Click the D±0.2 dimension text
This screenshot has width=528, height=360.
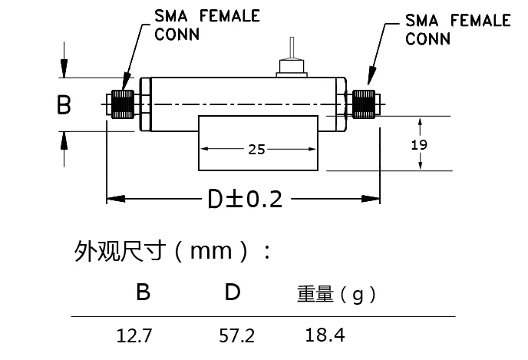[245, 200]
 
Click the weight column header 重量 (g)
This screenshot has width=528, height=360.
[336, 294]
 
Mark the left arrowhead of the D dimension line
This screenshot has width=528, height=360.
[112, 200]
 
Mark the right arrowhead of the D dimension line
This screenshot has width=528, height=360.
[375, 200]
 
